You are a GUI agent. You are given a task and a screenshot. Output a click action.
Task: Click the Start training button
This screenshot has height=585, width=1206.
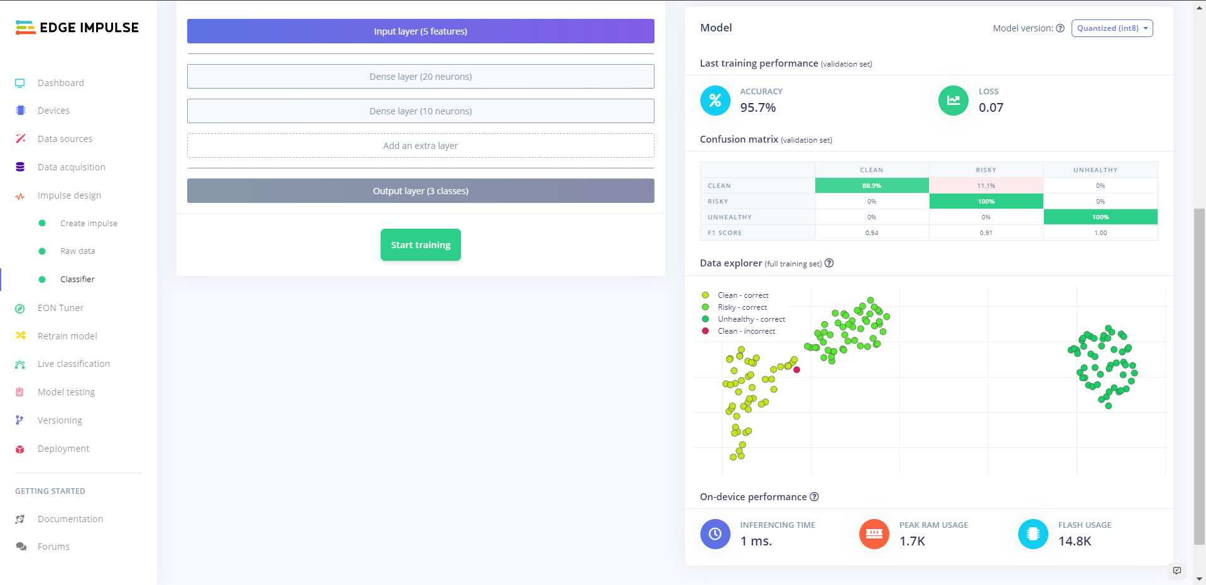(x=420, y=245)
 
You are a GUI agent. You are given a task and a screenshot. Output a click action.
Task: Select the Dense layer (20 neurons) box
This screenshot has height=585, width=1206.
(x=420, y=77)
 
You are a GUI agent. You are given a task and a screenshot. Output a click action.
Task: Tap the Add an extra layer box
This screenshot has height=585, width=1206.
(x=420, y=146)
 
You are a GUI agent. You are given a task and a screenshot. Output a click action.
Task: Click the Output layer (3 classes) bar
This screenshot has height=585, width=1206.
(x=420, y=191)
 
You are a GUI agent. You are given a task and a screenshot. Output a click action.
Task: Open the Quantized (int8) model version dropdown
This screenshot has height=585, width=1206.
(x=1112, y=28)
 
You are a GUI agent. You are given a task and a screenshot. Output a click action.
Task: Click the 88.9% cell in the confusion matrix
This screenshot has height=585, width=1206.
(x=871, y=186)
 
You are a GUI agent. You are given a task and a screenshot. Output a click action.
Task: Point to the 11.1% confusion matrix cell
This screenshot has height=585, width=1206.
(x=986, y=186)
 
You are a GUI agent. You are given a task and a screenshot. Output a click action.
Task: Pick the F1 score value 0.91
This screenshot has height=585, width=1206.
(x=986, y=233)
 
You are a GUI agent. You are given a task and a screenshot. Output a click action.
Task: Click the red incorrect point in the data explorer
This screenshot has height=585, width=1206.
(x=796, y=370)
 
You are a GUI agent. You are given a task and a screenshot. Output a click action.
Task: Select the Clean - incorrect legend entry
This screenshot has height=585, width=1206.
(x=746, y=331)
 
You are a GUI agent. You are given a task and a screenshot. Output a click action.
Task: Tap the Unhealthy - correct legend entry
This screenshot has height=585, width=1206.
(x=751, y=319)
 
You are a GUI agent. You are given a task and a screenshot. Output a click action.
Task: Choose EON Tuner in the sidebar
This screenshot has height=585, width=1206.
(x=60, y=308)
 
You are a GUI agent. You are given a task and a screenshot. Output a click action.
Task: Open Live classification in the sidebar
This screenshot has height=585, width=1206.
(x=73, y=364)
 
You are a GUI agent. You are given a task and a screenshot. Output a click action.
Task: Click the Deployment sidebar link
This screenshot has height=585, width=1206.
(x=63, y=449)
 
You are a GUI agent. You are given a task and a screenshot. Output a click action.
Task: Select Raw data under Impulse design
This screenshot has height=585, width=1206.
(x=77, y=251)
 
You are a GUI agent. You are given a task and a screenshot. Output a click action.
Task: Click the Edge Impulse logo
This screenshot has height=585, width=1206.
(x=77, y=28)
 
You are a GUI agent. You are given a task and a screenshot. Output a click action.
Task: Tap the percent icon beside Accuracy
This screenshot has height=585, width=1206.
(x=715, y=101)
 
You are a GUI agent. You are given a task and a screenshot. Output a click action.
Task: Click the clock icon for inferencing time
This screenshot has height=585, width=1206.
(x=715, y=534)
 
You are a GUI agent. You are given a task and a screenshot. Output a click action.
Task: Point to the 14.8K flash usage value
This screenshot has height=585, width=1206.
(x=1074, y=541)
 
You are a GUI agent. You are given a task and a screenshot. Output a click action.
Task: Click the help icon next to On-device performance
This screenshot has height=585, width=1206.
(x=814, y=497)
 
